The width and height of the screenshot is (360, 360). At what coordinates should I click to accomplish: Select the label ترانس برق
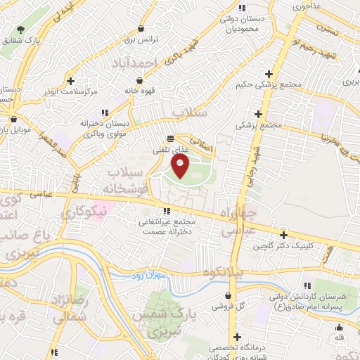[x=139, y=40]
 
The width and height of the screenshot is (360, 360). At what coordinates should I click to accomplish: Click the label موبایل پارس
[x=18, y=131]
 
